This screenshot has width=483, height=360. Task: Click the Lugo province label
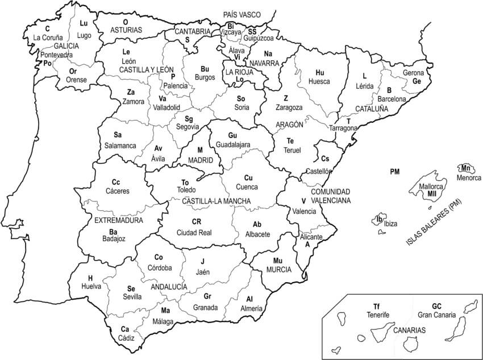pos(84,35)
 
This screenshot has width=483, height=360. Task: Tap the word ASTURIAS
pos(126,29)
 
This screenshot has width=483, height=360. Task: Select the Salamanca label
pos(120,146)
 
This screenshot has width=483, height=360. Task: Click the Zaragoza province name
pos(289,107)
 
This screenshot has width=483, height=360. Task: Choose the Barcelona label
pos(392,99)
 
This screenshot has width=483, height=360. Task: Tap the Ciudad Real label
pos(194,232)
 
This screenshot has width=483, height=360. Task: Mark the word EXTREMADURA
pos(119,220)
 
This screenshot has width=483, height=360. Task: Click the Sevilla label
pos(132,297)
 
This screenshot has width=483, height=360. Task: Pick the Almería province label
pos(250,308)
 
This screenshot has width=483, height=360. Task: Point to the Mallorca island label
pos(431,186)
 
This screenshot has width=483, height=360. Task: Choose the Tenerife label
pos(377,315)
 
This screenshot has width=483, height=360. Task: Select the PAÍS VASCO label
pos(241,14)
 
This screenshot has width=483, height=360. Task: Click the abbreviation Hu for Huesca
pos(319,72)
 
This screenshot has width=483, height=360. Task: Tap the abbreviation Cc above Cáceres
pos(116,182)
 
